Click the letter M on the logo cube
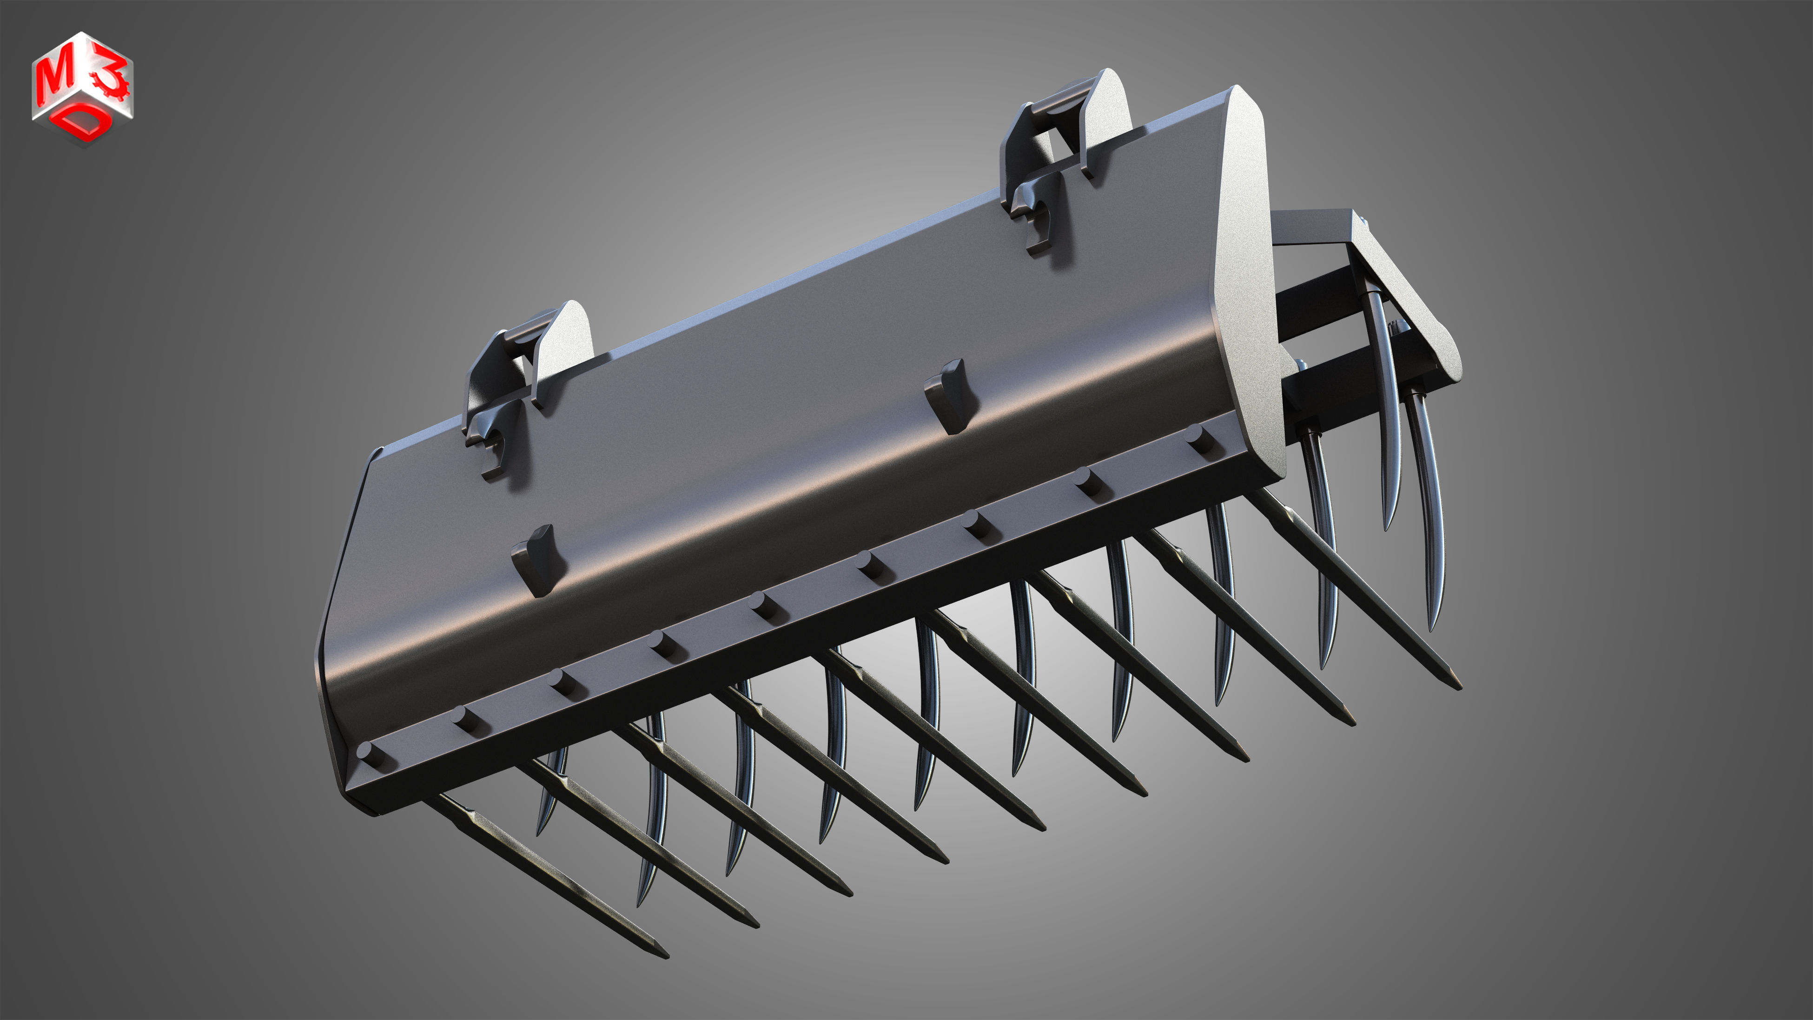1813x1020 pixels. [55, 79]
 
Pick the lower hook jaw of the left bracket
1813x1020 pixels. [493, 451]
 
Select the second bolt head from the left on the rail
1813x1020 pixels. [464, 718]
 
